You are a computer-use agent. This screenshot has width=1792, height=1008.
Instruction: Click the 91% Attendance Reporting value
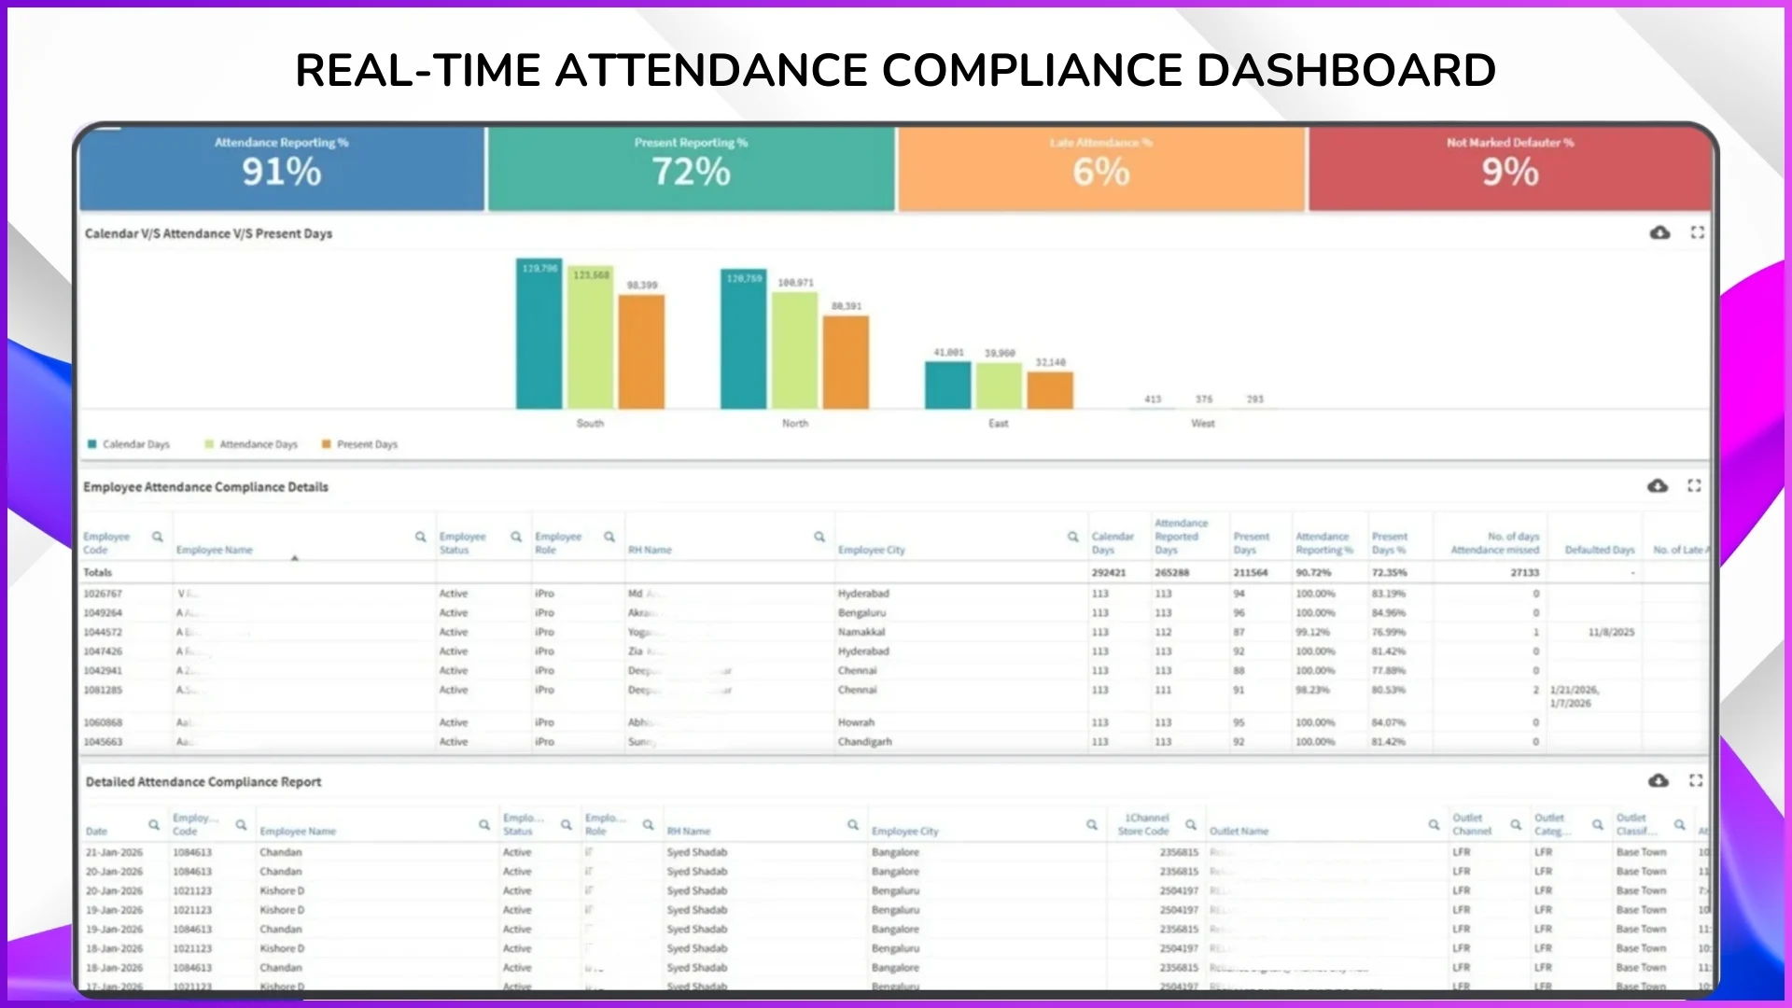(x=281, y=173)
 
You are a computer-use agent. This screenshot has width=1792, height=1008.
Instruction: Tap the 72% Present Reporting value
(x=691, y=173)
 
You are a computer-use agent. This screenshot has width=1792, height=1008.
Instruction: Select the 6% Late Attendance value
(x=1100, y=173)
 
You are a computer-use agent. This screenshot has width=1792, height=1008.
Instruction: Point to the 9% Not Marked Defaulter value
(x=1510, y=173)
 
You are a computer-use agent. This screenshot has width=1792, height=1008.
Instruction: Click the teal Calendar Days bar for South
(x=539, y=341)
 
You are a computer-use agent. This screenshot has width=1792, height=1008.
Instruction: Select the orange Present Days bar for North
(x=846, y=364)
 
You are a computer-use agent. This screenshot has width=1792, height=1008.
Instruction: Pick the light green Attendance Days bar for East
(x=999, y=386)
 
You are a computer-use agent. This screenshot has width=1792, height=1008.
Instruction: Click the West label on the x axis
(x=1202, y=424)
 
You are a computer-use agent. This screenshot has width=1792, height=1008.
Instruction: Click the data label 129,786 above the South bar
(x=539, y=269)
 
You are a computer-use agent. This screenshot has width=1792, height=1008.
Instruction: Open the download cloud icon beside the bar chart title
(x=1659, y=232)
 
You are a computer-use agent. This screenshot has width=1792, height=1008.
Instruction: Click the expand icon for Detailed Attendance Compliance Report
(x=1696, y=780)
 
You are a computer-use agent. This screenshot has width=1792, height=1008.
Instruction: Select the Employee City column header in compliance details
(x=872, y=550)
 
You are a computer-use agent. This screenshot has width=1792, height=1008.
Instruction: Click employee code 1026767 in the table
(x=103, y=594)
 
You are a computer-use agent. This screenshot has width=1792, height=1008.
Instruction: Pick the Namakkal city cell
(x=861, y=632)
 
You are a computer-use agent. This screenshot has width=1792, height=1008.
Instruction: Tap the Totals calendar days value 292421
(x=1109, y=572)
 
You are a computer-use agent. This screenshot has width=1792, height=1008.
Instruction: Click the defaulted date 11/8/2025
(x=1611, y=632)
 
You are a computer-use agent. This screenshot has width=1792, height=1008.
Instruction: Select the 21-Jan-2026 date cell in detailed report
(x=114, y=852)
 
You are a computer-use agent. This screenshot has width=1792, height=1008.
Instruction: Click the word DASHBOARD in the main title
(x=1346, y=70)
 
